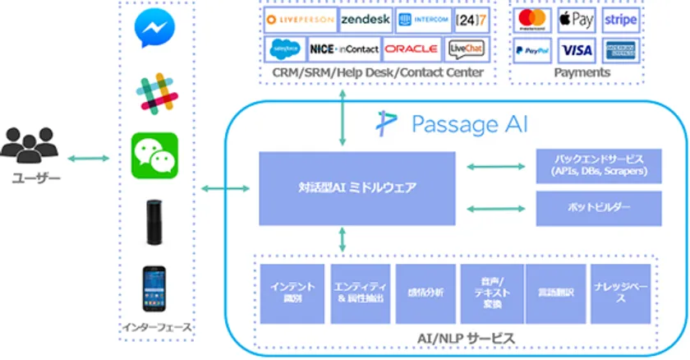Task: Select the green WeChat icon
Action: [154, 155]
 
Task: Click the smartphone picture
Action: [154, 287]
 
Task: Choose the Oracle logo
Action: [412, 49]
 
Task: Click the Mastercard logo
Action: [533, 20]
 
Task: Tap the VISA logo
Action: [577, 50]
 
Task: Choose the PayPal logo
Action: [533, 50]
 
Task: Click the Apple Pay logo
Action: [577, 20]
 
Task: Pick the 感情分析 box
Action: [425, 293]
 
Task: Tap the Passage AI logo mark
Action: [386, 124]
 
